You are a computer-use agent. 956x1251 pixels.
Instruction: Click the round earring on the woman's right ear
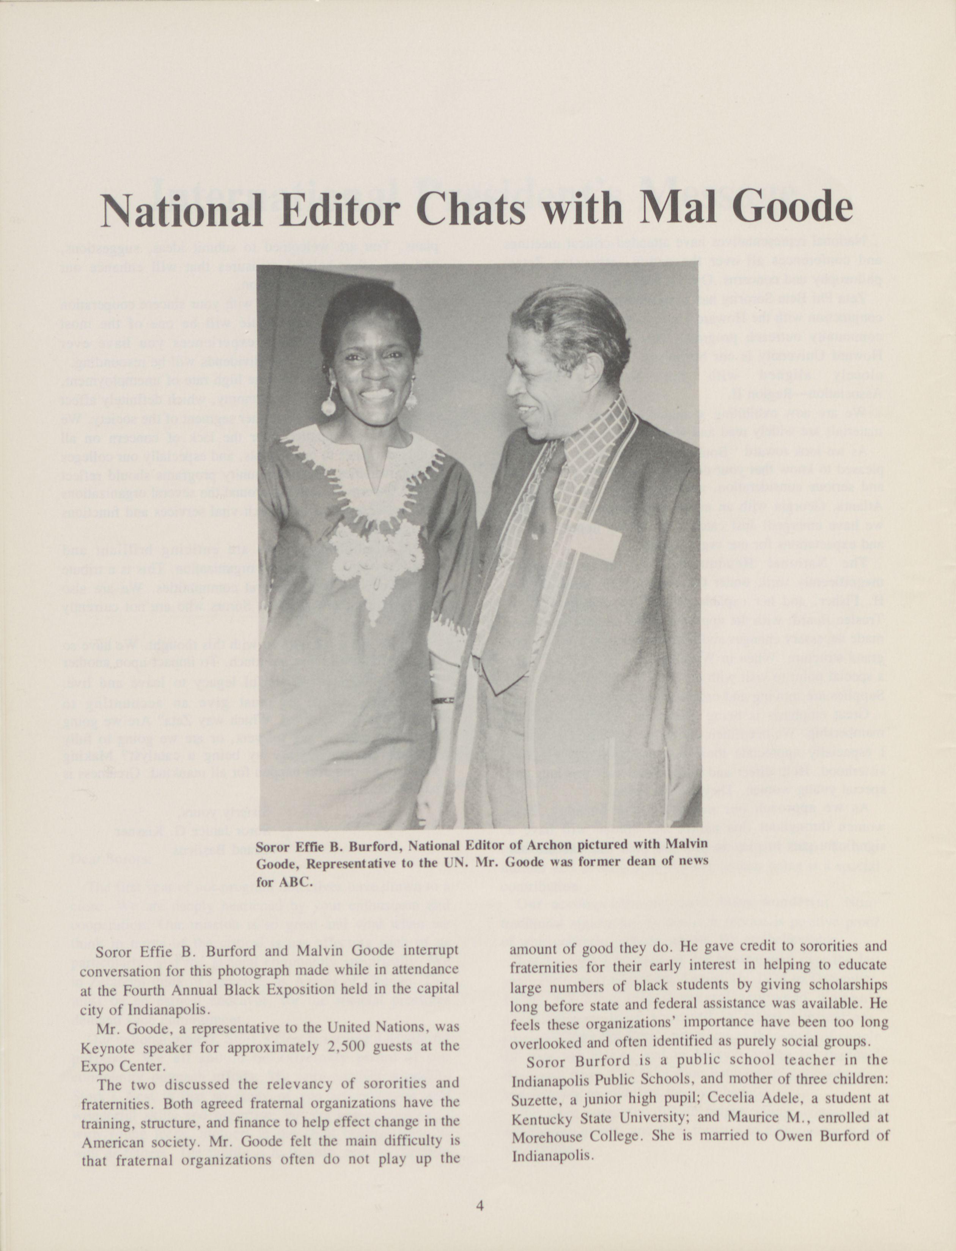329,406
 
